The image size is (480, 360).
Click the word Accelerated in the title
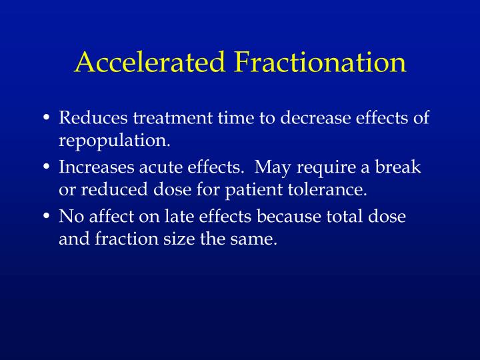151,62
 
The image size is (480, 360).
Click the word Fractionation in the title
320,62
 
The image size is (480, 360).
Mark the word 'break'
398,167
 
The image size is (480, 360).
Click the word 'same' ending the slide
255,239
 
